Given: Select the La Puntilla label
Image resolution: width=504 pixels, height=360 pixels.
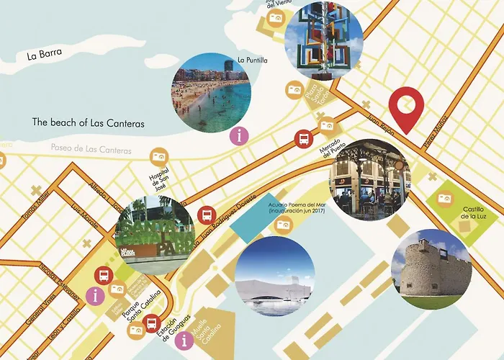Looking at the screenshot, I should click(252, 60).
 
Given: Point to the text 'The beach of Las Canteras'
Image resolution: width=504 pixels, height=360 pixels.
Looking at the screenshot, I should click(89, 123).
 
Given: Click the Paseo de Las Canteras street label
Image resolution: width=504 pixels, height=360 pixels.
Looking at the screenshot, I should click(91, 150).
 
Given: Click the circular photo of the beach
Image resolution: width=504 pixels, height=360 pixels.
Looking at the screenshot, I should click(211, 91).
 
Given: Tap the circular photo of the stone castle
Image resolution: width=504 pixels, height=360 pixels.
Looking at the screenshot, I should click(431, 269).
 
